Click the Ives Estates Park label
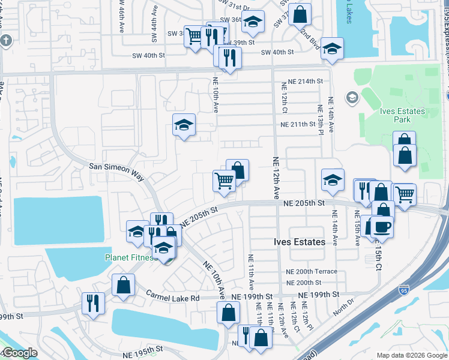tap(402, 115)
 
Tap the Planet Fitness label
tap(128, 259)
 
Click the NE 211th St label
tap(298, 124)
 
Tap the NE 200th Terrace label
tap(312, 271)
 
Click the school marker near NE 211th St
tap(184, 124)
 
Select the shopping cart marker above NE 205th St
tap(224, 179)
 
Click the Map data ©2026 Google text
tap(411, 355)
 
